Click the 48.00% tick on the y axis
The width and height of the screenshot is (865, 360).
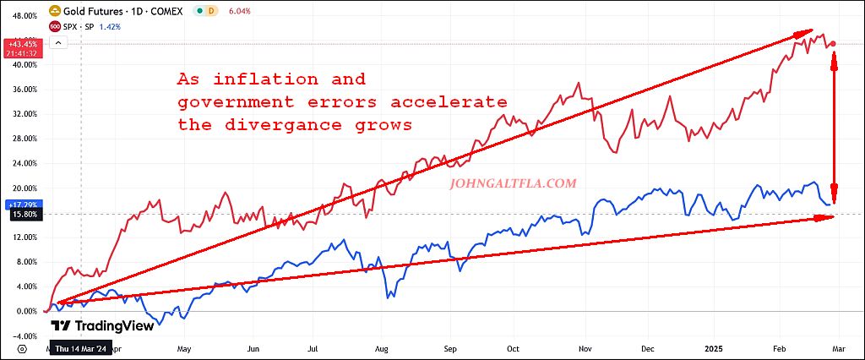(x=20, y=15)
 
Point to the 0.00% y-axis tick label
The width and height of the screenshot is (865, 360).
(x=23, y=311)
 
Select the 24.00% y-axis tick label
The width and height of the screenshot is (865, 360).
(x=20, y=163)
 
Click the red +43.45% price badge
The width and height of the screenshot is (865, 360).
(x=20, y=43)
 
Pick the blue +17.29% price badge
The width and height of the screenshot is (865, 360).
(x=20, y=205)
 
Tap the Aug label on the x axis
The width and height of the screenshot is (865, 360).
(x=382, y=347)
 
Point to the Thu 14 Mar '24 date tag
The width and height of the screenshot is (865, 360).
(x=80, y=347)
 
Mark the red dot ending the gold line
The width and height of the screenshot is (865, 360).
(x=834, y=44)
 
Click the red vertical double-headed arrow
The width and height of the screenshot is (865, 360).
(x=835, y=127)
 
